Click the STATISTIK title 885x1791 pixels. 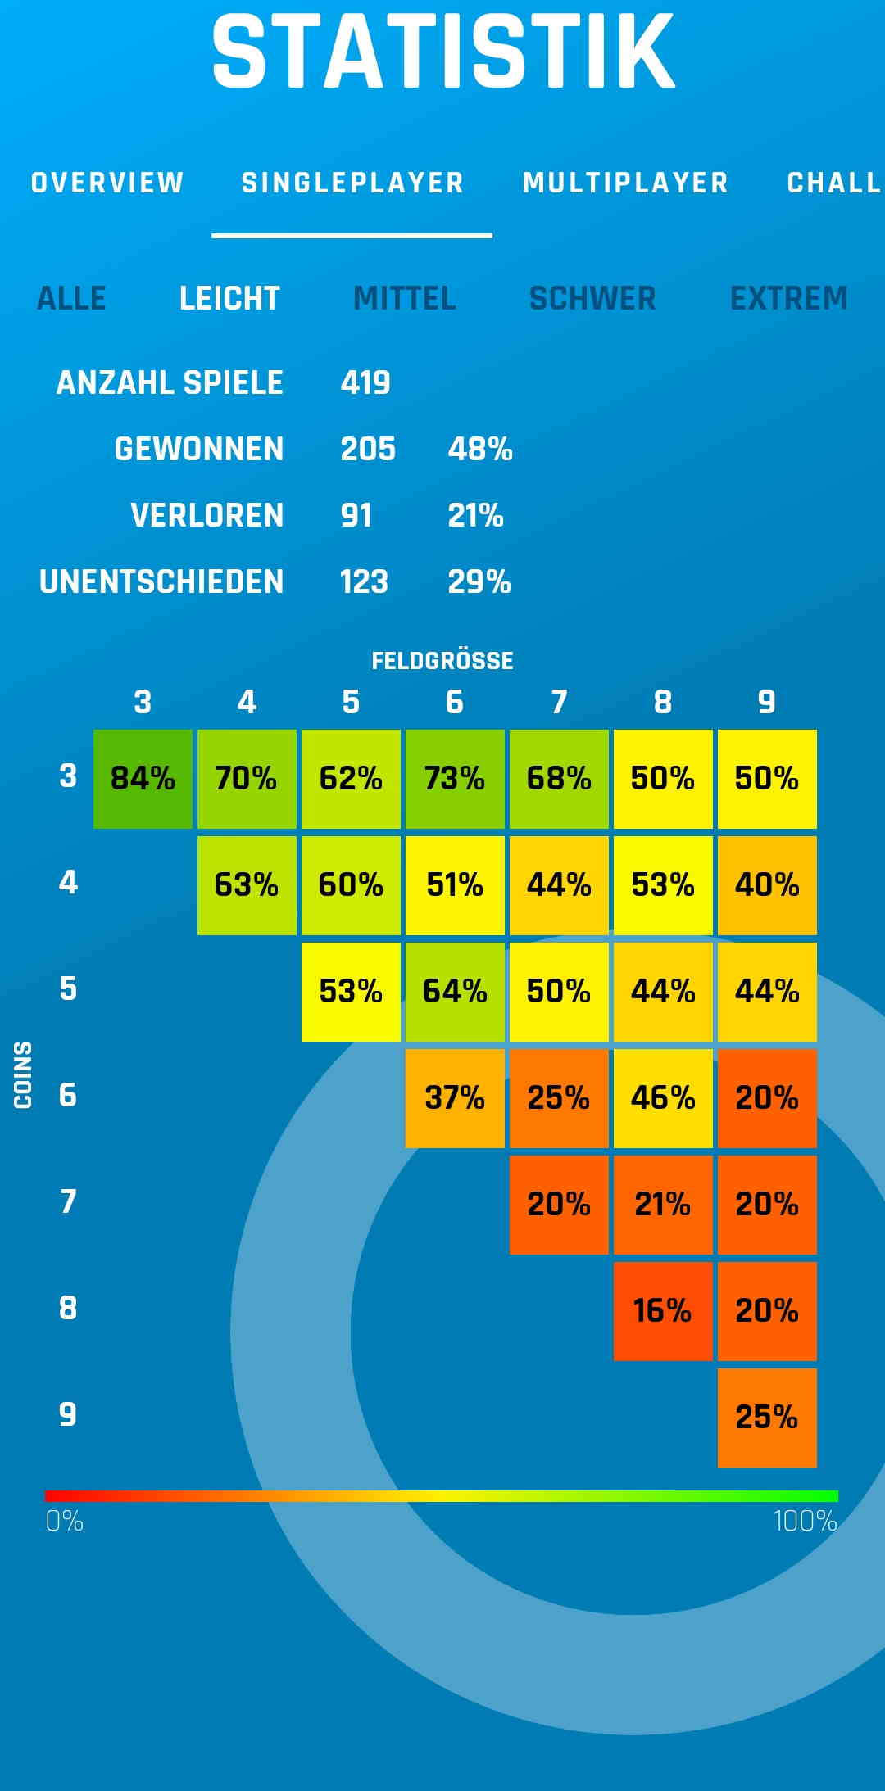(x=443, y=52)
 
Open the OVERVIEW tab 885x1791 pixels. (x=107, y=183)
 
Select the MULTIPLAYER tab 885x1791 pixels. (x=625, y=183)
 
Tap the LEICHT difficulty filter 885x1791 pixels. (x=229, y=298)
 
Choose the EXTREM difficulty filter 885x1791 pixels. (x=788, y=298)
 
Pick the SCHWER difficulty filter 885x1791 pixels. (x=592, y=298)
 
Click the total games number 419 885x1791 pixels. (x=365, y=382)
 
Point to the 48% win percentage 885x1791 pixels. (x=479, y=449)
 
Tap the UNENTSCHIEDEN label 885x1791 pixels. (x=161, y=581)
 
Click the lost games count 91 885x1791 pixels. (x=356, y=515)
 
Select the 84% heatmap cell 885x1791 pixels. (x=143, y=779)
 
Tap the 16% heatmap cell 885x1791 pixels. (x=662, y=1311)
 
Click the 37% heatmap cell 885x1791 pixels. (x=455, y=1098)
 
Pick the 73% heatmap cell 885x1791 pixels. (x=455, y=779)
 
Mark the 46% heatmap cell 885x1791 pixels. (x=662, y=1098)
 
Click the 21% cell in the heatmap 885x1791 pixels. (x=662, y=1205)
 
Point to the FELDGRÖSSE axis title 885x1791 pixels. (x=442, y=661)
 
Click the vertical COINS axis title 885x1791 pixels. (x=23, y=1074)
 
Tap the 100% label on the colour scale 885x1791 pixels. (x=805, y=1522)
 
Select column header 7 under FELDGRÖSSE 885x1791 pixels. (x=559, y=702)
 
